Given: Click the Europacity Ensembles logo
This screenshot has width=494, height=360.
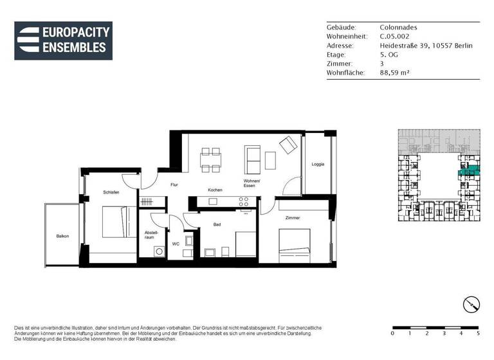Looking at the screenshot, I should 63,40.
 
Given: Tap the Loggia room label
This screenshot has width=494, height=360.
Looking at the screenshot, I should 318,164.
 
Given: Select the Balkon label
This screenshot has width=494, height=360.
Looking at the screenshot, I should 62,236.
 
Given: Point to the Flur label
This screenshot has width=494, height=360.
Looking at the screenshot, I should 174,184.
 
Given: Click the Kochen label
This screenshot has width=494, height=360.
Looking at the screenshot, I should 215,190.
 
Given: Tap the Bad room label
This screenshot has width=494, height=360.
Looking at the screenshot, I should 217,224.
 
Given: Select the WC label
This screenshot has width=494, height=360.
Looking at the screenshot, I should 176,244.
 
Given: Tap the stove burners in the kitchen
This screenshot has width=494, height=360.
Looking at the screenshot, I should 244,201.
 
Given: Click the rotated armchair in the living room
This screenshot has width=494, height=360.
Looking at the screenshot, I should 287,146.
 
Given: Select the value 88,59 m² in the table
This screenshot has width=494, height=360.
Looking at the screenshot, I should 395,73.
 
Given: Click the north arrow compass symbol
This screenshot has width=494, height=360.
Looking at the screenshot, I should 471,304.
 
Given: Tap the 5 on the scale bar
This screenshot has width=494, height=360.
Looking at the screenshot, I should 478,333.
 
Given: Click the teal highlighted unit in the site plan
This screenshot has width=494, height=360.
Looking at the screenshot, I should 468,172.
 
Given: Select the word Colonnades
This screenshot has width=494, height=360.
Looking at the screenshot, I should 398,28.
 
